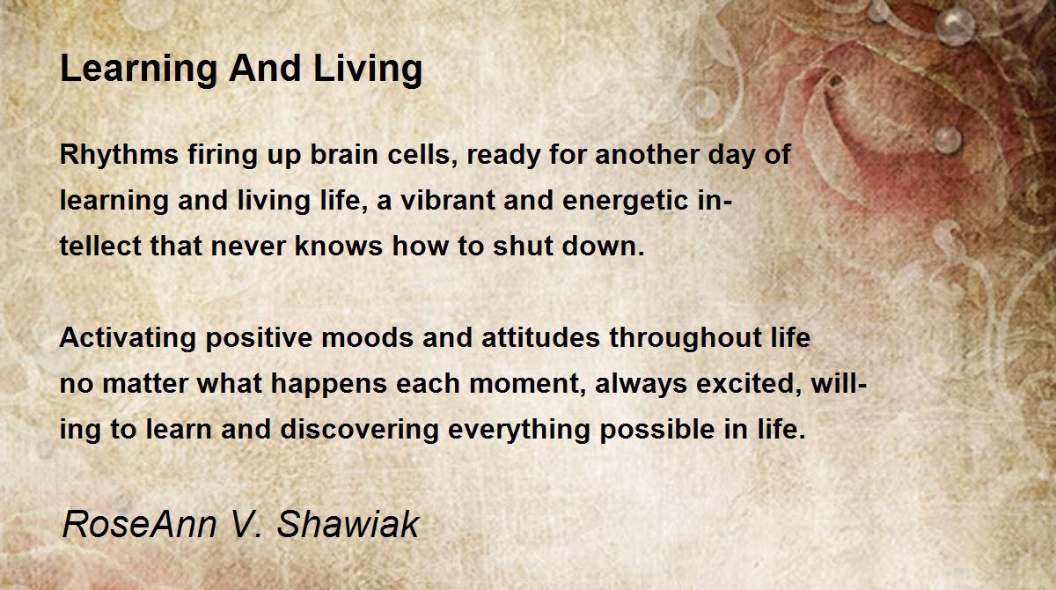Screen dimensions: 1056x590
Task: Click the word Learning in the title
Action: click(139, 70)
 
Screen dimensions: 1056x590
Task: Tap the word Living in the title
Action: click(368, 70)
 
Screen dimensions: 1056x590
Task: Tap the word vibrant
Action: click(448, 200)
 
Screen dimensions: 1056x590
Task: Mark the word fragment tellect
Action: click(100, 247)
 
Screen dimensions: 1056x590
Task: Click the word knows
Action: click(339, 247)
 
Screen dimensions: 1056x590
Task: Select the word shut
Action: click(523, 247)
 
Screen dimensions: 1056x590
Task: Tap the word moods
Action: click(368, 337)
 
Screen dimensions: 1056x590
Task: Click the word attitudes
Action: click(540, 337)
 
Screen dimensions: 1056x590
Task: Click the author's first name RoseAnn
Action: click(140, 525)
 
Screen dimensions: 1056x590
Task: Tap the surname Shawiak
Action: click(348, 525)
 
